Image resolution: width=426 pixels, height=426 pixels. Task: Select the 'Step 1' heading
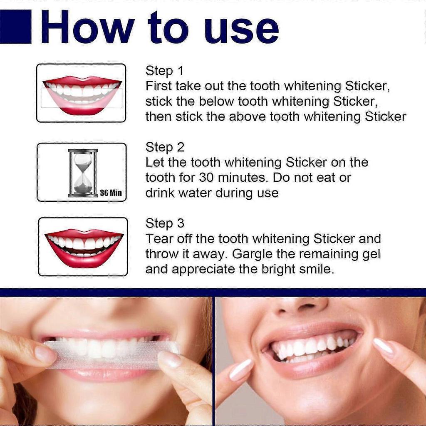click(164, 71)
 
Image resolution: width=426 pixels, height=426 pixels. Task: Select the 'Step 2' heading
click(165, 147)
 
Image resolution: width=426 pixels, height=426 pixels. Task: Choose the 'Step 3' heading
click(165, 223)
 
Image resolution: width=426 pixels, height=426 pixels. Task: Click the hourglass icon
click(83, 173)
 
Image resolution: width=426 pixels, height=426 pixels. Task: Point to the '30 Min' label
click(111, 193)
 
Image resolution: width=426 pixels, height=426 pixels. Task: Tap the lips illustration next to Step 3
click(84, 247)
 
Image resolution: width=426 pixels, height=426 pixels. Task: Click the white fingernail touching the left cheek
click(241, 369)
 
